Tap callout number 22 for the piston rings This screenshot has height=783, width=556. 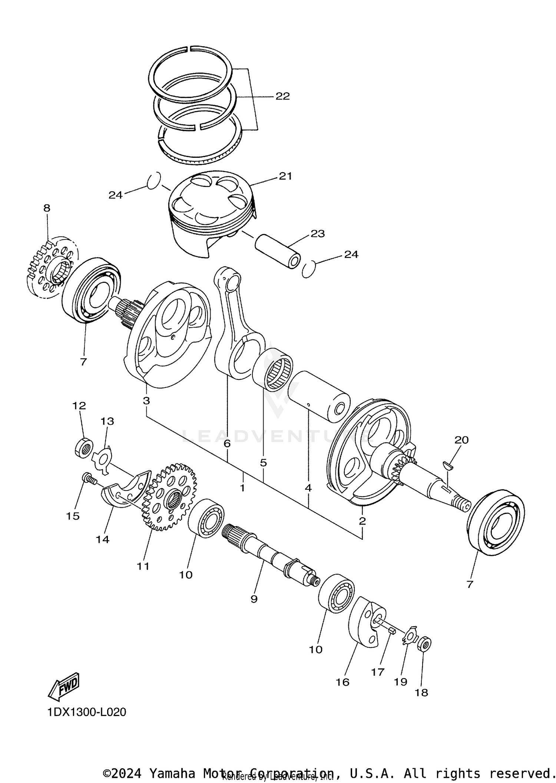click(282, 96)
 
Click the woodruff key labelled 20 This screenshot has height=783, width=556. click(448, 465)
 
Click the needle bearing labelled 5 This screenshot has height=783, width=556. click(273, 370)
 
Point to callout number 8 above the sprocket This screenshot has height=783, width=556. click(47, 208)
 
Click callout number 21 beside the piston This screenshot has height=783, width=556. click(285, 176)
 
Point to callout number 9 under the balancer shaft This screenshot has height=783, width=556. click(254, 599)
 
